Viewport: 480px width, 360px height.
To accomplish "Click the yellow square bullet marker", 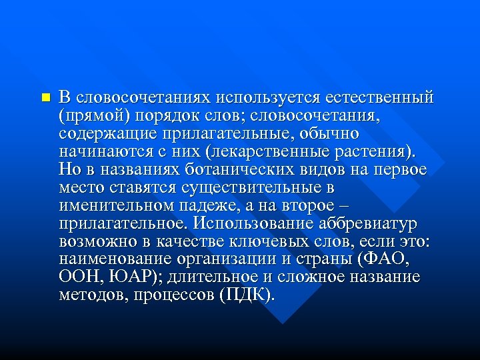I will click(45, 97).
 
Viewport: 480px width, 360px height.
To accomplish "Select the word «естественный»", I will click(379, 98).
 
